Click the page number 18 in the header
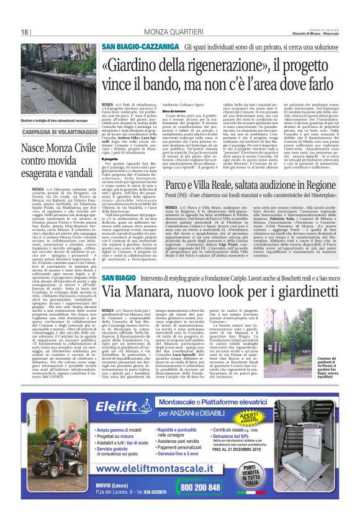pos(25,32)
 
